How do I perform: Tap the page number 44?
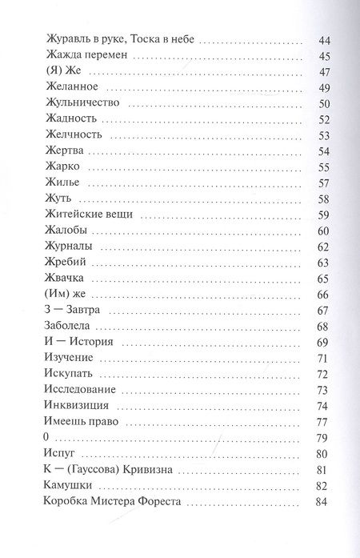[324, 40]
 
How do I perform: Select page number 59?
[324, 215]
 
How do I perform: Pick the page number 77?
[324, 422]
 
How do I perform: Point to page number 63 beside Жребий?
[324, 263]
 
